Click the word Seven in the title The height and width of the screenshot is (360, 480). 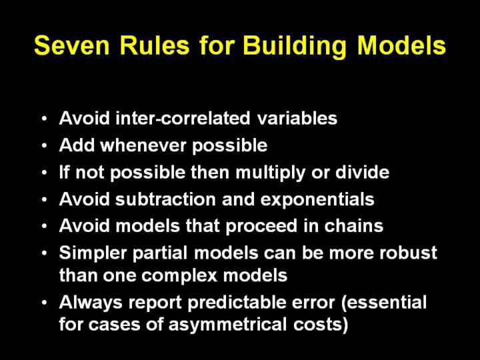click(72, 45)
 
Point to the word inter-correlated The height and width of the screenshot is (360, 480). click(183, 118)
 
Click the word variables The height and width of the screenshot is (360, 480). click(297, 118)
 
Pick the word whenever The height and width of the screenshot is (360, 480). click(143, 145)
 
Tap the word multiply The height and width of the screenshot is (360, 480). click(270, 173)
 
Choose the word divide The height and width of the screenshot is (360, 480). click(362, 172)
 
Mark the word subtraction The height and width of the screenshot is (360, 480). click(165, 199)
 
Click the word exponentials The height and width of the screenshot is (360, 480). click(317, 200)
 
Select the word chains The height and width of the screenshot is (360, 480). click(353, 226)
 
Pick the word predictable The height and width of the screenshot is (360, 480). click(236, 303)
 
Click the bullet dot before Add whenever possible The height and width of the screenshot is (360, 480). click(45, 146)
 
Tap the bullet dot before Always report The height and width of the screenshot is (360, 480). click(45, 303)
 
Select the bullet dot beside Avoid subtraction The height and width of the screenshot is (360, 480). click(45, 200)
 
